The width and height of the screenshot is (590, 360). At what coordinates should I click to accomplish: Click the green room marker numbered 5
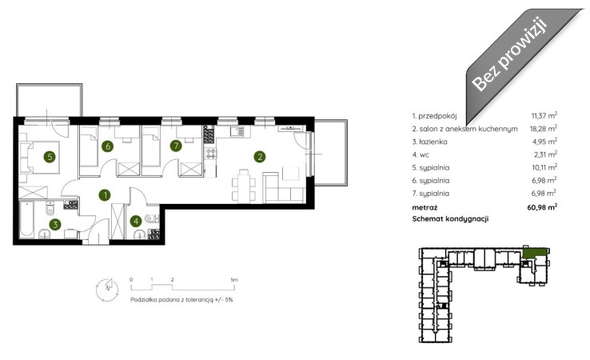click(x=50, y=156)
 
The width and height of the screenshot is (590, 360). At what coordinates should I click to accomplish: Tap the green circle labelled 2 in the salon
click(x=260, y=156)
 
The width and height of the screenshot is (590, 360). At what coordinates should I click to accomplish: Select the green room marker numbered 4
click(x=136, y=221)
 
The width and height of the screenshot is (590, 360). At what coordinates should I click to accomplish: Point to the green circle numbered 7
click(x=176, y=146)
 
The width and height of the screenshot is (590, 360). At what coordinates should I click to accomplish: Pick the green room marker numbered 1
click(x=105, y=195)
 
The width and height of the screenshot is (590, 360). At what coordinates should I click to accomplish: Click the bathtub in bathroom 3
click(x=26, y=219)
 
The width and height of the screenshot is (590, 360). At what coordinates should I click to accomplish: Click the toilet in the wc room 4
click(x=152, y=218)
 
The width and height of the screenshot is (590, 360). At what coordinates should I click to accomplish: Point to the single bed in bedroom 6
click(x=89, y=147)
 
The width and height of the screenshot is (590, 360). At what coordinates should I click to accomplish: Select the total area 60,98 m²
click(x=542, y=206)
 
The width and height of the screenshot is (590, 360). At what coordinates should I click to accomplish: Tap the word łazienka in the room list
click(x=433, y=142)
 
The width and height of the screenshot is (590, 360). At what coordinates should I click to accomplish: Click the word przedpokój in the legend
click(x=437, y=116)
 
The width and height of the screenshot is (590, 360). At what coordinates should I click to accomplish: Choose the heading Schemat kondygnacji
click(x=450, y=219)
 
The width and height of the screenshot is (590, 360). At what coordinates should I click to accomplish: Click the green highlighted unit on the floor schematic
click(x=534, y=252)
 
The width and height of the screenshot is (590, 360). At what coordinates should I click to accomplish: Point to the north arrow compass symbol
click(x=107, y=290)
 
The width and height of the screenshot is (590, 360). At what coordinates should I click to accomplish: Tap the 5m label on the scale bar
click(x=234, y=280)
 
